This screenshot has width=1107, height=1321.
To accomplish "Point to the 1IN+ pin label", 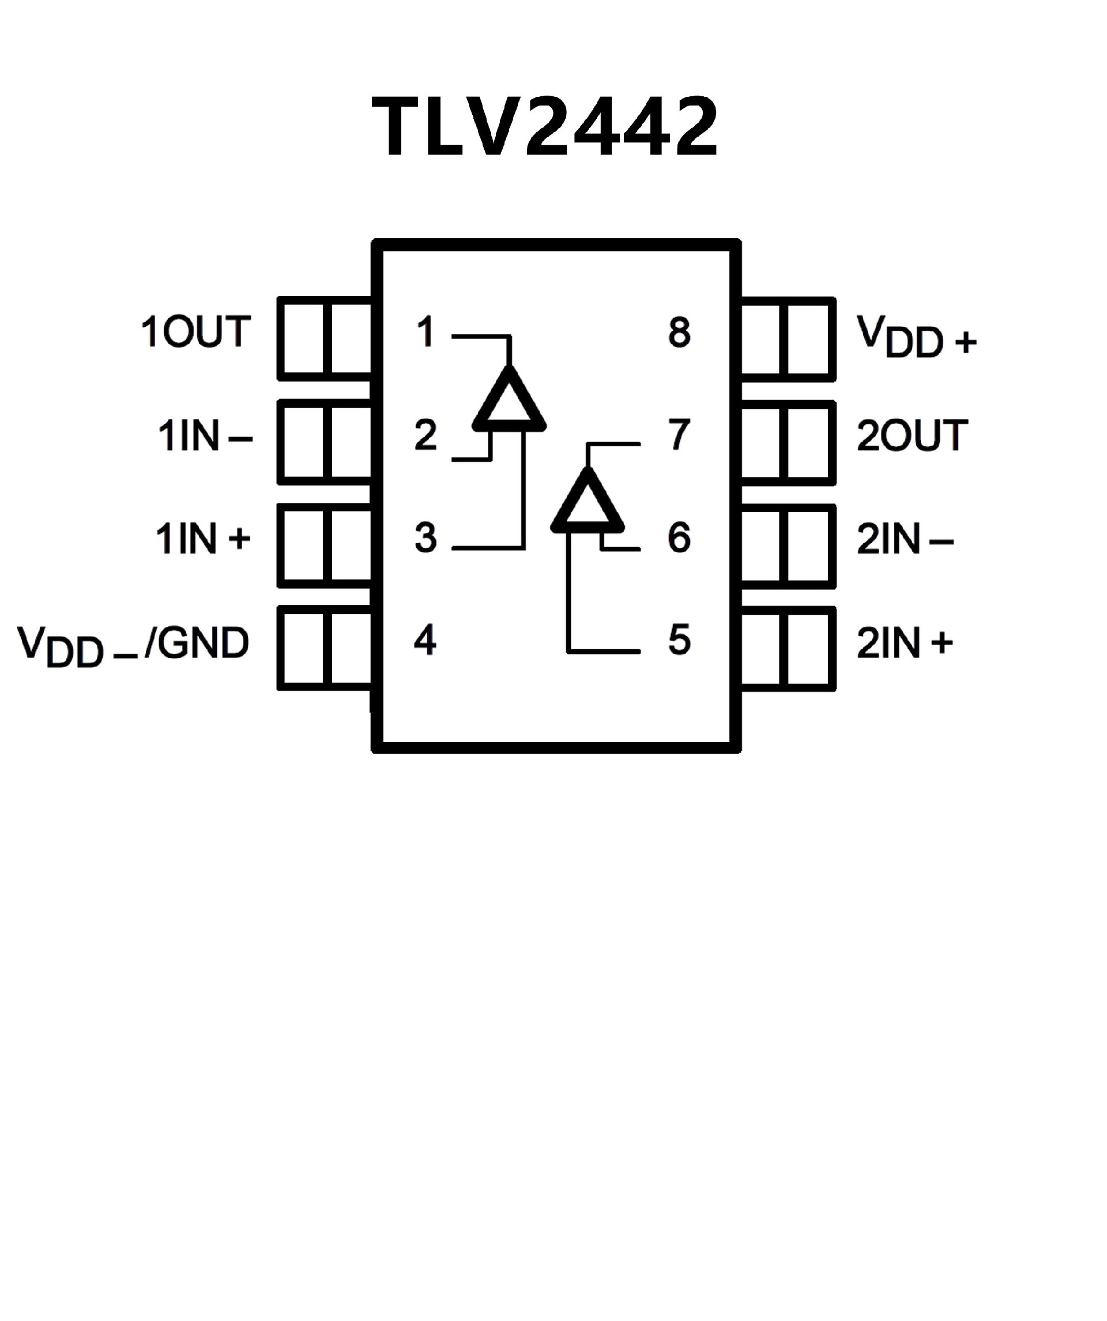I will pyautogui.click(x=202, y=539).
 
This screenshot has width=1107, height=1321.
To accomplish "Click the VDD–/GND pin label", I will pyautogui.click(x=133, y=645).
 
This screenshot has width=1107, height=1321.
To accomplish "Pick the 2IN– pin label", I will pyautogui.click(x=905, y=539).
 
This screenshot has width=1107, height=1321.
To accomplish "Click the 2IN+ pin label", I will pyautogui.click(x=905, y=643).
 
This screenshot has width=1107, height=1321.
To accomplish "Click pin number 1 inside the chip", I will pyautogui.click(x=426, y=332).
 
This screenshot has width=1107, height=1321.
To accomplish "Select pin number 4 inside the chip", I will pyautogui.click(x=425, y=641).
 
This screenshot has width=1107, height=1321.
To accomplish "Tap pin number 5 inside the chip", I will pyautogui.click(x=679, y=641).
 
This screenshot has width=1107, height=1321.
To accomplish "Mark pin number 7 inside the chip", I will pyautogui.click(x=679, y=435).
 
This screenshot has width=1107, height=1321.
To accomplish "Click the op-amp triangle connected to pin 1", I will pyautogui.click(x=509, y=402).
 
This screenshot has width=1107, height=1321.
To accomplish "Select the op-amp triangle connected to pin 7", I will pyautogui.click(x=588, y=505).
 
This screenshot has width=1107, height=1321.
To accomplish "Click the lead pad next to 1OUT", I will pyautogui.click(x=325, y=339).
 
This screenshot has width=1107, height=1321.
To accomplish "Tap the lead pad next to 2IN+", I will pyautogui.click(x=789, y=649).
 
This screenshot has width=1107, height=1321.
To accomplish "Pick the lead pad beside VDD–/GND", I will pyautogui.click(x=325, y=648).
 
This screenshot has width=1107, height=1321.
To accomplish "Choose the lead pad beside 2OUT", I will pyautogui.click(x=789, y=443).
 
